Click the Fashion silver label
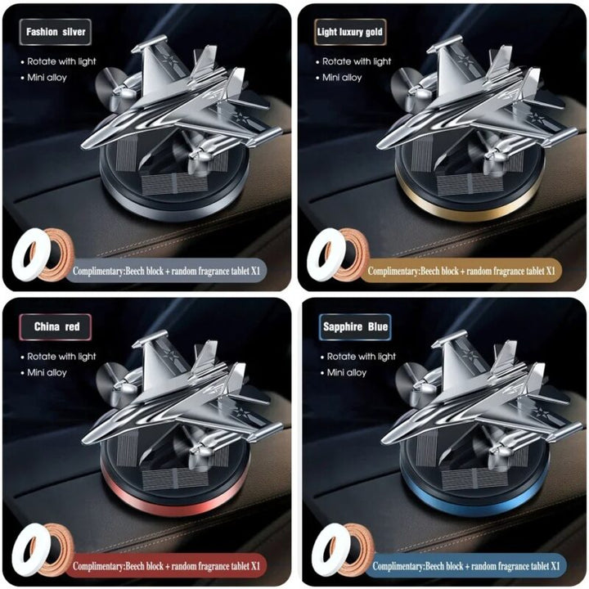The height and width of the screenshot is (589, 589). (x=56, y=32)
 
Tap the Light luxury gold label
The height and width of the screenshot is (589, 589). (x=350, y=32)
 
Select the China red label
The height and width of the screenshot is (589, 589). (x=56, y=326)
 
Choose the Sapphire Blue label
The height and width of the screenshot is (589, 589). (x=355, y=326)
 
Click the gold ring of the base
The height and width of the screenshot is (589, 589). (x=470, y=210)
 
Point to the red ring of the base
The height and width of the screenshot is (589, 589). (x=175, y=506)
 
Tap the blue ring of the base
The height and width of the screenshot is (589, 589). (x=475, y=506)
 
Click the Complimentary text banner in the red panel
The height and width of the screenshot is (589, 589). (x=165, y=565)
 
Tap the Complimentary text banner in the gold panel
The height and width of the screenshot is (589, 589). (x=461, y=271)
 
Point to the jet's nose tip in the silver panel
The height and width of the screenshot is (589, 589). (x=83, y=146)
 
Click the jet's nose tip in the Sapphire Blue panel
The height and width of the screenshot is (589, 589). (x=382, y=442)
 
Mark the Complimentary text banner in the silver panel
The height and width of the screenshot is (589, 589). (x=165, y=271)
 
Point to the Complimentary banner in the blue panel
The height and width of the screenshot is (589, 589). (x=465, y=565)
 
